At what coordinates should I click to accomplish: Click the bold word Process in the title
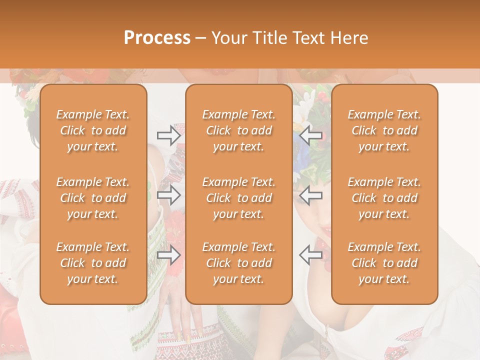(157, 38)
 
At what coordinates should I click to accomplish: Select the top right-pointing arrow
(169, 135)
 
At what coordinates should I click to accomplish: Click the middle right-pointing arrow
(169, 195)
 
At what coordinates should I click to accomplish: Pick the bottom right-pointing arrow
(169, 255)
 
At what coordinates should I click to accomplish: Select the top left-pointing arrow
(310, 135)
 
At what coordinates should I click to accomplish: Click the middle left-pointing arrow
(310, 195)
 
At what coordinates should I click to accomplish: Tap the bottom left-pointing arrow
(310, 255)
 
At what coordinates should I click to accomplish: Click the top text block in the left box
(93, 130)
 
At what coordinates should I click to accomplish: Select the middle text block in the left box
(93, 198)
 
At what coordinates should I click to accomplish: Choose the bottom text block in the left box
(93, 263)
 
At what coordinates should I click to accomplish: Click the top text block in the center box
(238, 130)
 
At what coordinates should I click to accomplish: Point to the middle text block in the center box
(238, 198)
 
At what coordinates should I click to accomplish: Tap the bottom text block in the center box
(238, 263)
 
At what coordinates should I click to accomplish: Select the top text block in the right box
(384, 130)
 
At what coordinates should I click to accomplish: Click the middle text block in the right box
(384, 198)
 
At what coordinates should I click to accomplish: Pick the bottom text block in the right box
(384, 263)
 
